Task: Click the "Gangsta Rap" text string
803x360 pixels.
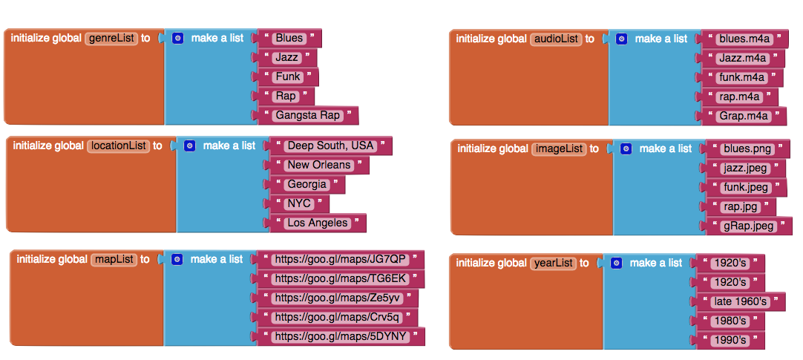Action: coord(307,115)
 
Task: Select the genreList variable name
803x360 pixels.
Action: coord(112,39)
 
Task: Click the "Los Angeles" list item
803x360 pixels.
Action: coord(317,223)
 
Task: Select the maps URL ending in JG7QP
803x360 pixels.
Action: coord(341,259)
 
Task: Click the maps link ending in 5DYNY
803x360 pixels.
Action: coord(341,336)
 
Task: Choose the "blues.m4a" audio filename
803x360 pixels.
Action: coord(743,39)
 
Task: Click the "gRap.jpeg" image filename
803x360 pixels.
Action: coord(747,226)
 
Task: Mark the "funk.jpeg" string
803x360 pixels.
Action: coord(744,187)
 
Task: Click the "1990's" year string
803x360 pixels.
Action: coord(728,340)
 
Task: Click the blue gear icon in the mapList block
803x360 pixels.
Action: coord(177,260)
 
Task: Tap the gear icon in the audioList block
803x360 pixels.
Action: coord(622,39)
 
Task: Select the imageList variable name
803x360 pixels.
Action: coord(559,148)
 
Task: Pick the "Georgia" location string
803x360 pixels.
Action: coord(307,184)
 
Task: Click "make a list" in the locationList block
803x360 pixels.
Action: coord(229,146)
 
